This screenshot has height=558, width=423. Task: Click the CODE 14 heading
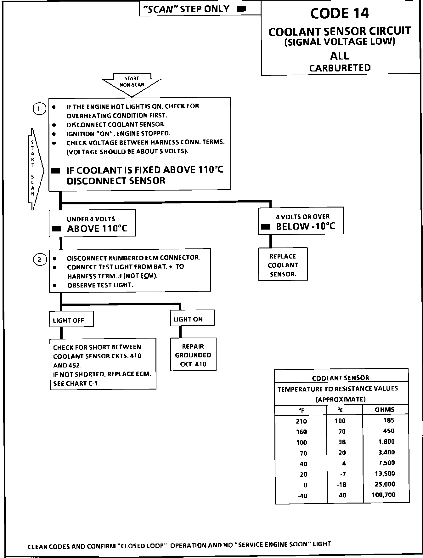(339, 14)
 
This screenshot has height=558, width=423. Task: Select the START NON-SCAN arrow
(132, 83)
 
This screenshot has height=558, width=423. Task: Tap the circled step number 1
(39, 109)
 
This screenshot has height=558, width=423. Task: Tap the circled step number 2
(39, 259)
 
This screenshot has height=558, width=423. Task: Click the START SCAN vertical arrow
(34, 168)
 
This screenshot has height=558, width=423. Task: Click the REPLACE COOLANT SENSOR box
(283, 265)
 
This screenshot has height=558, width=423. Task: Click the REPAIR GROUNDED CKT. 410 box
(193, 355)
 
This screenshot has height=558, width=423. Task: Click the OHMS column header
(385, 409)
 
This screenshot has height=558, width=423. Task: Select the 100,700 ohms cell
(383, 495)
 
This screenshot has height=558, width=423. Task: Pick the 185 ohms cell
(389, 420)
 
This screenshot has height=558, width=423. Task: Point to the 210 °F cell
(301, 421)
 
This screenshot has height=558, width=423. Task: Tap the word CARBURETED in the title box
(340, 68)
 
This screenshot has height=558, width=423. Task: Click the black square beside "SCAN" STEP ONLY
(241, 9)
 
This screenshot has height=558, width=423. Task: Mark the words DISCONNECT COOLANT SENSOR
(116, 124)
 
